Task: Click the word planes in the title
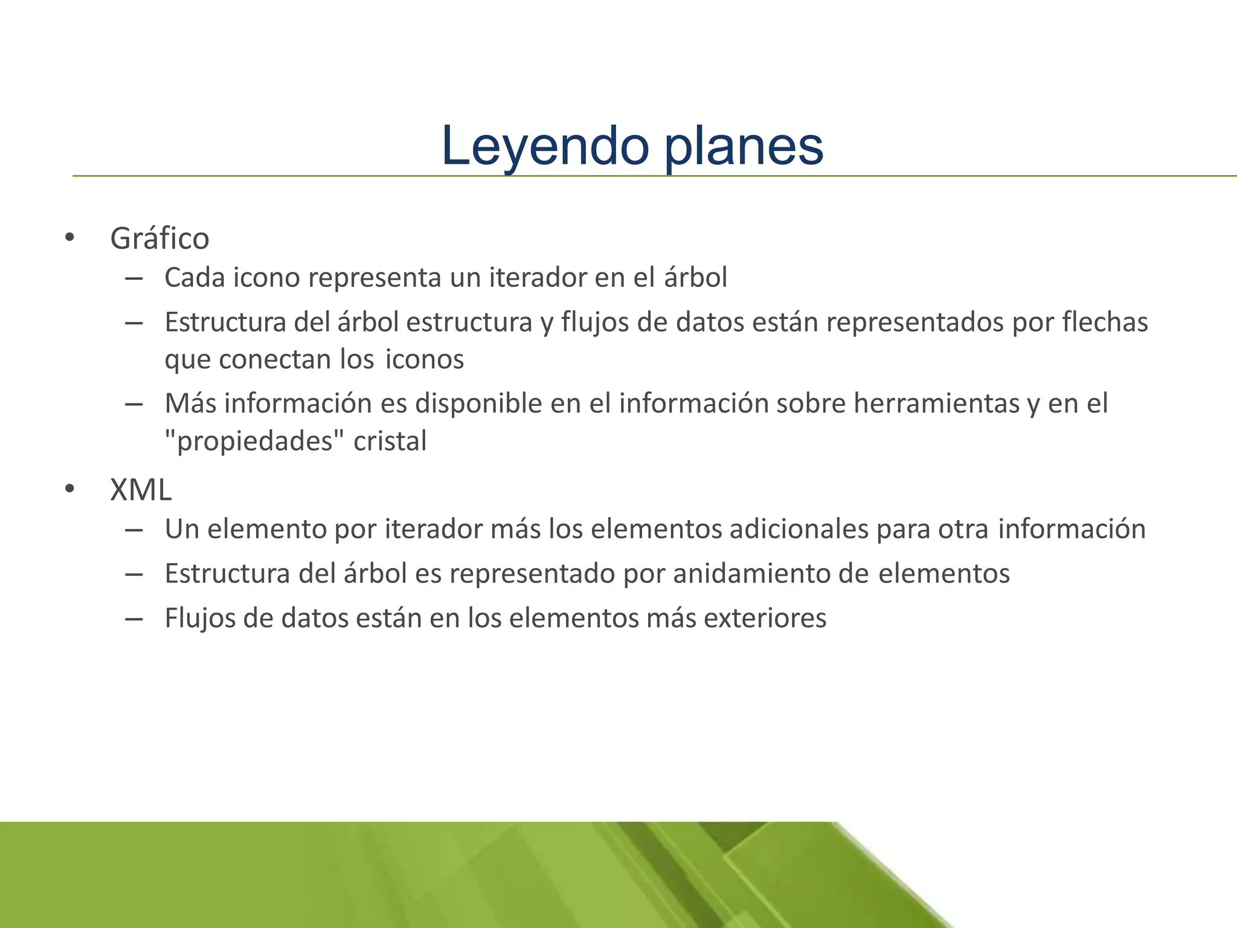pyautogui.click(x=744, y=146)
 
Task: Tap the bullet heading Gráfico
pyautogui.click(x=159, y=238)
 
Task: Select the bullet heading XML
pyautogui.click(x=141, y=489)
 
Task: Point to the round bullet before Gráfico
pyautogui.click(x=69, y=237)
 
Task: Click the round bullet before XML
pyautogui.click(x=69, y=489)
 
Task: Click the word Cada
pyautogui.click(x=194, y=278)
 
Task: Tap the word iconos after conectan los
pyautogui.click(x=425, y=359)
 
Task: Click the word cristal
pyautogui.click(x=390, y=441)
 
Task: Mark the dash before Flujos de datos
pyautogui.click(x=133, y=619)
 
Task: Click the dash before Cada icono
pyautogui.click(x=133, y=279)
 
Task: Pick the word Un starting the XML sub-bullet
pyautogui.click(x=182, y=529)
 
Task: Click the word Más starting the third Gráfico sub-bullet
pyautogui.click(x=190, y=404)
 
